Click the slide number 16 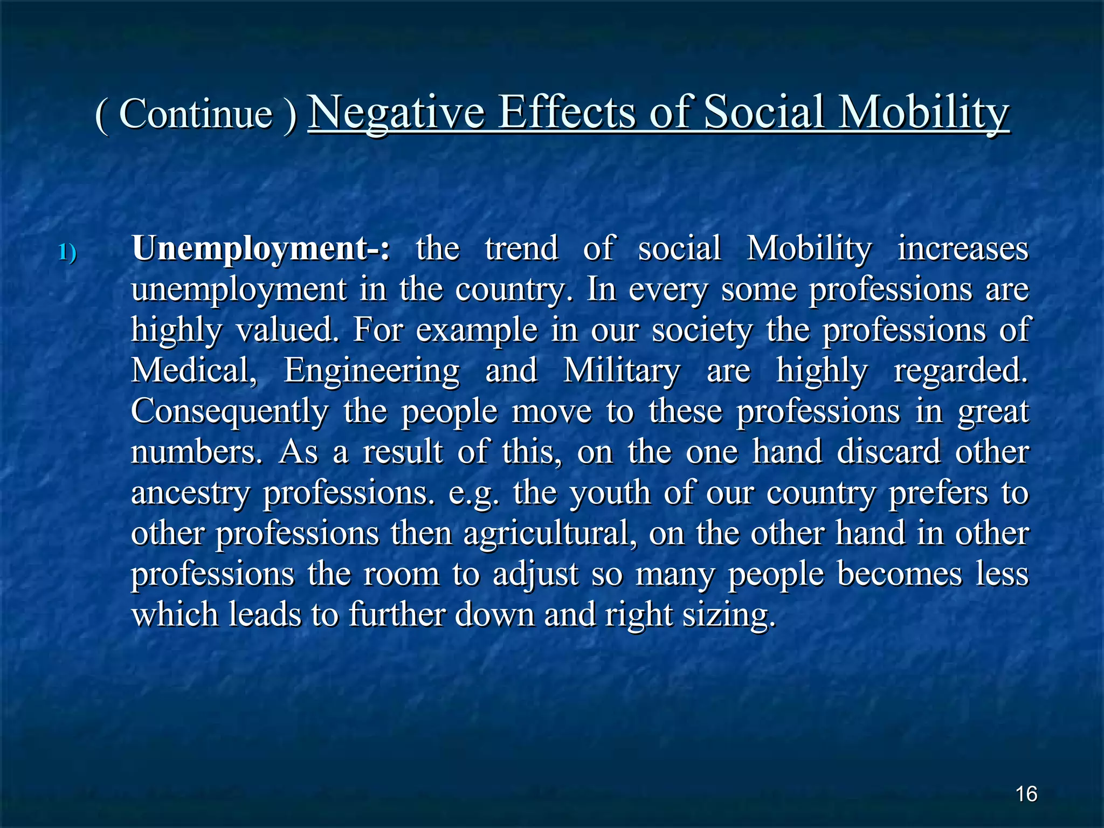(x=1026, y=794)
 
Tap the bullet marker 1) (x=67, y=252)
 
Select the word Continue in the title (x=196, y=114)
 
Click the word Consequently (x=230, y=412)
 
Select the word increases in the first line (x=963, y=249)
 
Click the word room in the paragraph (x=402, y=574)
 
